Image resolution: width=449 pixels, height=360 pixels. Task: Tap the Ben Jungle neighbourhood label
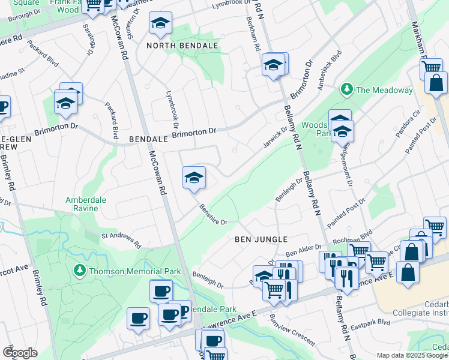(261, 239)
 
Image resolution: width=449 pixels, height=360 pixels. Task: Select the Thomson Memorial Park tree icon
(79, 271)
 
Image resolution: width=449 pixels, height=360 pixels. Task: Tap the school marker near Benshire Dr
(194, 178)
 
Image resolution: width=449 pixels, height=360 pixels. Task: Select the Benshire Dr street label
(213, 215)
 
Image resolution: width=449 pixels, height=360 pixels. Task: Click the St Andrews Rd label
(121, 240)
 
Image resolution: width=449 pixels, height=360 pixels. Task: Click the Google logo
(20, 353)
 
